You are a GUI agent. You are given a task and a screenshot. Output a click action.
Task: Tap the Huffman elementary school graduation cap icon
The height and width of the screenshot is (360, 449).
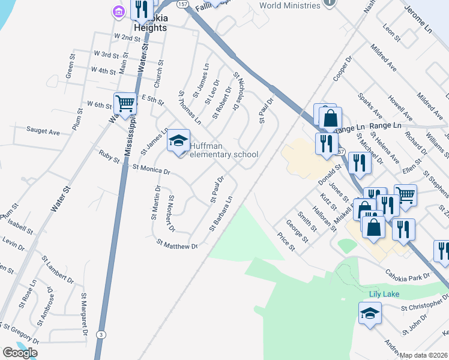tap(178, 140)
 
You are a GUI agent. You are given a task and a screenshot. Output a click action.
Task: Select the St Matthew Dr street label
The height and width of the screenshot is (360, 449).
tap(176, 245)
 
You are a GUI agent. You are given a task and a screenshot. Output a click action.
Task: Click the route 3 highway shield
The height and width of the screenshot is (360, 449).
tap(101, 334)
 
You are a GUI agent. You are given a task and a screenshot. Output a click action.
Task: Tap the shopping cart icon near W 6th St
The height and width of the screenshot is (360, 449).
tap(125, 103)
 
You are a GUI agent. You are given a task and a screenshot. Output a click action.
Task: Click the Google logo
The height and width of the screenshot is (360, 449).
tap(20, 353)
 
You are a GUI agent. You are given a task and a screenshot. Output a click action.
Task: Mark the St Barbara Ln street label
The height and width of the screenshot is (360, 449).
tap(221, 214)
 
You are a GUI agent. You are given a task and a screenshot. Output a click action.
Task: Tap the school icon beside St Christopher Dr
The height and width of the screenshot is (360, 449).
tap(370, 312)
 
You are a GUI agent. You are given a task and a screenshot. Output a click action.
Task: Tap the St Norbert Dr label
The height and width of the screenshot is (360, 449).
tap(171, 213)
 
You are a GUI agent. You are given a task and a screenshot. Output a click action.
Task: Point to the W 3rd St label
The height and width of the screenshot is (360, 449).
tap(106, 55)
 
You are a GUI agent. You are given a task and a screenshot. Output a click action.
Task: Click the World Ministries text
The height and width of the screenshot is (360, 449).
tap(290, 5)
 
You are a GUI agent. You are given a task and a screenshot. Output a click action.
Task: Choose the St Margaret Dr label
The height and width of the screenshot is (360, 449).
tap(85, 315)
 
